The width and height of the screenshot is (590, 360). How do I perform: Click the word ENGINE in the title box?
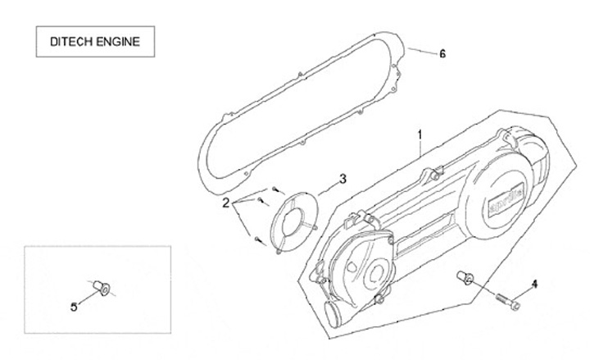click(117, 42)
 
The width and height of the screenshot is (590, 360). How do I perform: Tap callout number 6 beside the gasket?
click(442, 54)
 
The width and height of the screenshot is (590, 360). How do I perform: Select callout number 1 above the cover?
click(420, 133)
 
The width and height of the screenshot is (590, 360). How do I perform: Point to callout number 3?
click(343, 179)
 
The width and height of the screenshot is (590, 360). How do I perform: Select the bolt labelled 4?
click(507, 300)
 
